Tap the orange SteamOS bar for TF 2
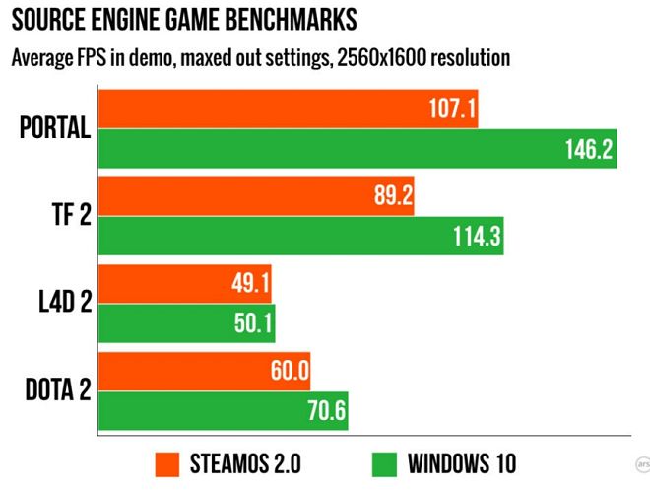pyautogui.click(x=256, y=196)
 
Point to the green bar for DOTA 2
pyautogui.click(x=223, y=411)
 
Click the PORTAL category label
pyautogui.click(x=56, y=127)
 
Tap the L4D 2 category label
pyautogui.click(x=58, y=303)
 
